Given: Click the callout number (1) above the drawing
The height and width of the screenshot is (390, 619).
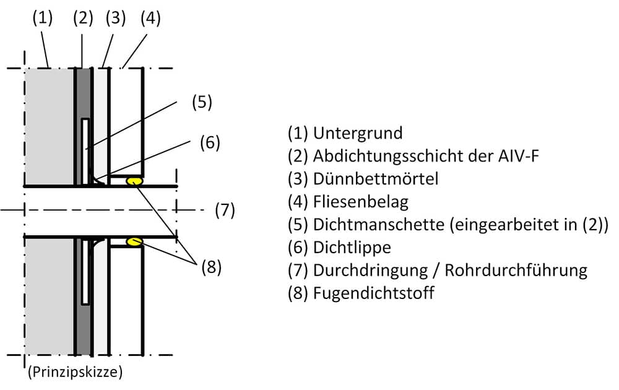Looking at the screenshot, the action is [x=42, y=18].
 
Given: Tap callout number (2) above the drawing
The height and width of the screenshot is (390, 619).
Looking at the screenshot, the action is [x=83, y=18].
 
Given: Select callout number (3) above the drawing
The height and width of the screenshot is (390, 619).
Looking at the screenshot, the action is [x=116, y=18].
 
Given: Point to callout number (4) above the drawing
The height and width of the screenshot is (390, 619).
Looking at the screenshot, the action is [x=150, y=18].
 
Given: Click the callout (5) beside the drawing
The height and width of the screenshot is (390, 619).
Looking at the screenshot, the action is [x=202, y=102].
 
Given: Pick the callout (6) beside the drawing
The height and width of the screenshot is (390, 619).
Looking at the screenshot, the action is [x=210, y=142].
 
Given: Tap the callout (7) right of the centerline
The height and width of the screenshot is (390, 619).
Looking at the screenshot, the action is [x=225, y=210].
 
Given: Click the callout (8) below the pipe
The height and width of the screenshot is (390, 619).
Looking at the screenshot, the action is [x=211, y=267].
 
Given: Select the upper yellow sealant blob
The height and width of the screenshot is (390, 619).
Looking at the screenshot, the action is [x=134, y=181].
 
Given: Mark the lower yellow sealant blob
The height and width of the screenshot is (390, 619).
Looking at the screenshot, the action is [x=134, y=241].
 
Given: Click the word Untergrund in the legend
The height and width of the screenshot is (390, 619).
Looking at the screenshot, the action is [x=358, y=133].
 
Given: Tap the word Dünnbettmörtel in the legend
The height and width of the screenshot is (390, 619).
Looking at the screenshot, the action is [x=376, y=179].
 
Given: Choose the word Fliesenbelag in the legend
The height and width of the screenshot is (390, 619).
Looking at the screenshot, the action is [x=361, y=202].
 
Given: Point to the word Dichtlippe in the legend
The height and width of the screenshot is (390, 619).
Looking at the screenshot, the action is [x=352, y=248].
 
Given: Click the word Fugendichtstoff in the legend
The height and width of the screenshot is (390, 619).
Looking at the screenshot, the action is [x=373, y=293].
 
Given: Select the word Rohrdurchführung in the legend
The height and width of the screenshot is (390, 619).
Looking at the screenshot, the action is [x=516, y=271].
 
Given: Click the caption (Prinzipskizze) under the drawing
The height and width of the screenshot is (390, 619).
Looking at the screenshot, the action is [x=75, y=372].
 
